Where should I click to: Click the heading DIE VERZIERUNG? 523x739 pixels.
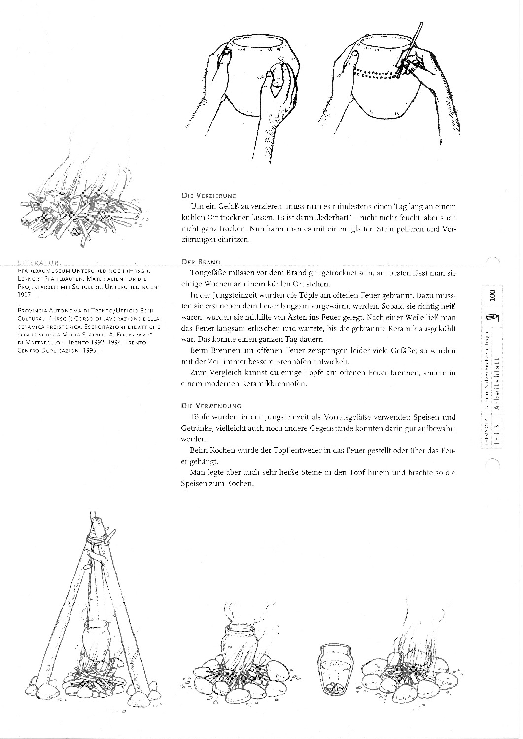click(x=210, y=195)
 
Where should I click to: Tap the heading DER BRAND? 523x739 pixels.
click(x=200, y=262)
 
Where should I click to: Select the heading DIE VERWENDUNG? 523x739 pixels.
click(x=211, y=406)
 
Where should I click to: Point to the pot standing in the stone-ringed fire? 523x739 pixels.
click(x=240, y=645)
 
